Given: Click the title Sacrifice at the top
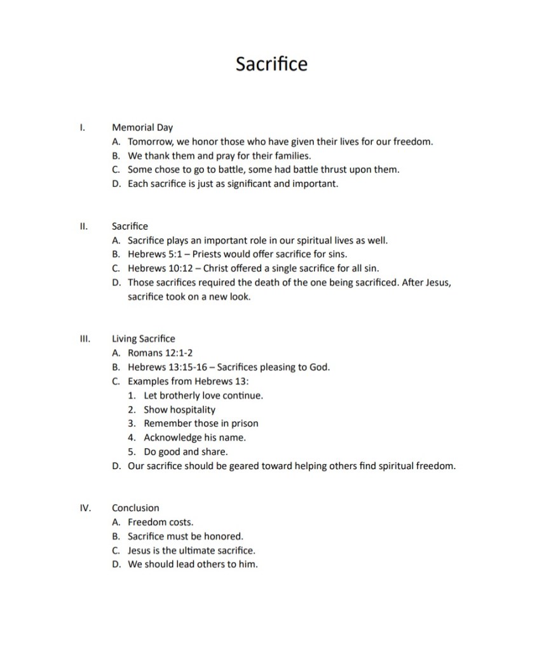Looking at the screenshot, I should [271, 64].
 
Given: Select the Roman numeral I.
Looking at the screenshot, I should [81, 127].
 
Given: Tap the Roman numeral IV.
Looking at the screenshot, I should [85, 507].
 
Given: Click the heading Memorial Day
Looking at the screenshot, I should [142, 127].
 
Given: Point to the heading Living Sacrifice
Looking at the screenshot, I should [143, 338].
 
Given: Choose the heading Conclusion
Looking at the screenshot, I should [135, 507].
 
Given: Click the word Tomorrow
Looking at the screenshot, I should [151, 141].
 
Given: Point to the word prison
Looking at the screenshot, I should [244, 423].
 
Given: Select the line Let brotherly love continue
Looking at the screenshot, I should [203, 395].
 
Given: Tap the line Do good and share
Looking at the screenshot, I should [186, 451].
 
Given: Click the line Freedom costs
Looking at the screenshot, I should [160, 522].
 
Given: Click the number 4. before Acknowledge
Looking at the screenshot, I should [132, 437].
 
